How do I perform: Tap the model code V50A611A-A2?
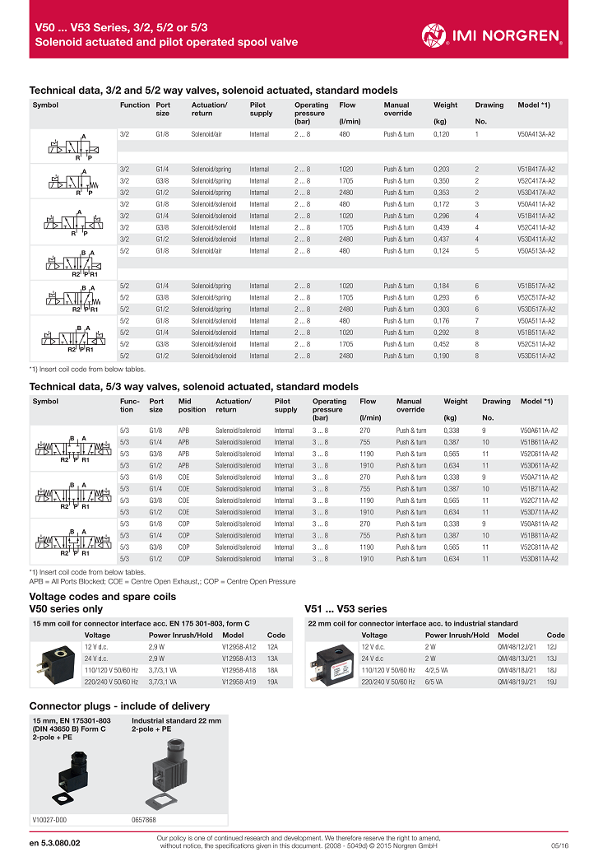coord(539,431)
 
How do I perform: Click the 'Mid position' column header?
coord(192,405)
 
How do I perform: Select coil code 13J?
coord(552,659)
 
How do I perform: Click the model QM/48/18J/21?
coord(517,671)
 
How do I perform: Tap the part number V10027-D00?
coord(49,819)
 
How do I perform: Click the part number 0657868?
coord(144,819)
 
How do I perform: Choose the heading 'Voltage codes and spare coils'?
coord(103,597)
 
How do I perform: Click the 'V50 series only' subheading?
coord(66,609)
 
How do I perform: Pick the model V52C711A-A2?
coord(539,501)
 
